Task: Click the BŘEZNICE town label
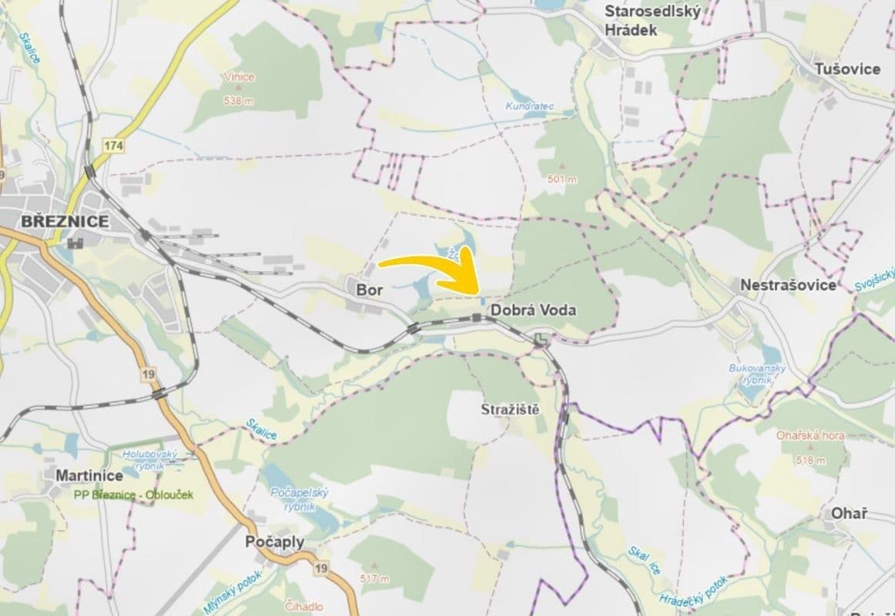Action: click(65, 221)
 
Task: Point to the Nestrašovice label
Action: click(788, 285)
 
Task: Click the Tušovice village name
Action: click(848, 69)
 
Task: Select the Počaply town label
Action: click(274, 542)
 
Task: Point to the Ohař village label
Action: click(849, 514)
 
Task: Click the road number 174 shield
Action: click(116, 145)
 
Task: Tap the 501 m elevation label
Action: click(561, 179)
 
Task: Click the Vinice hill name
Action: click(239, 77)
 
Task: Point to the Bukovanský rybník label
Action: click(758, 373)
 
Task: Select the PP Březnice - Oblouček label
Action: click(134, 494)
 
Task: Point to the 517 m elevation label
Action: click(374, 578)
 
